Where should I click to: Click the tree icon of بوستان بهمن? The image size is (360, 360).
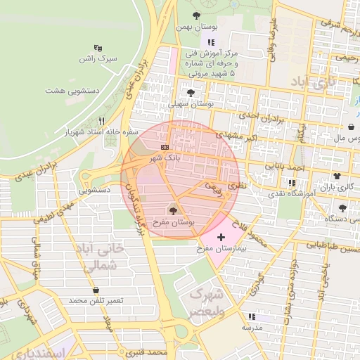click(195, 15)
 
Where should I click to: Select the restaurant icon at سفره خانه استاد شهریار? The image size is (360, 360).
click(101, 121)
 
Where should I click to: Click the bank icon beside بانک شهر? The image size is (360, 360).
click(165, 146)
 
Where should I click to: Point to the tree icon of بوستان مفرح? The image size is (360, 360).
click(173, 210)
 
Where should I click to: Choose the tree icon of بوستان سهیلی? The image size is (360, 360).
click(190, 92)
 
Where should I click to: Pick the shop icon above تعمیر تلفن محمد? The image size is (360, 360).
click(96, 290)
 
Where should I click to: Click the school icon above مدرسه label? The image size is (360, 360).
click(252, 316)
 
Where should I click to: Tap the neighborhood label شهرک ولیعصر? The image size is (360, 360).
click(206, 302)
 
